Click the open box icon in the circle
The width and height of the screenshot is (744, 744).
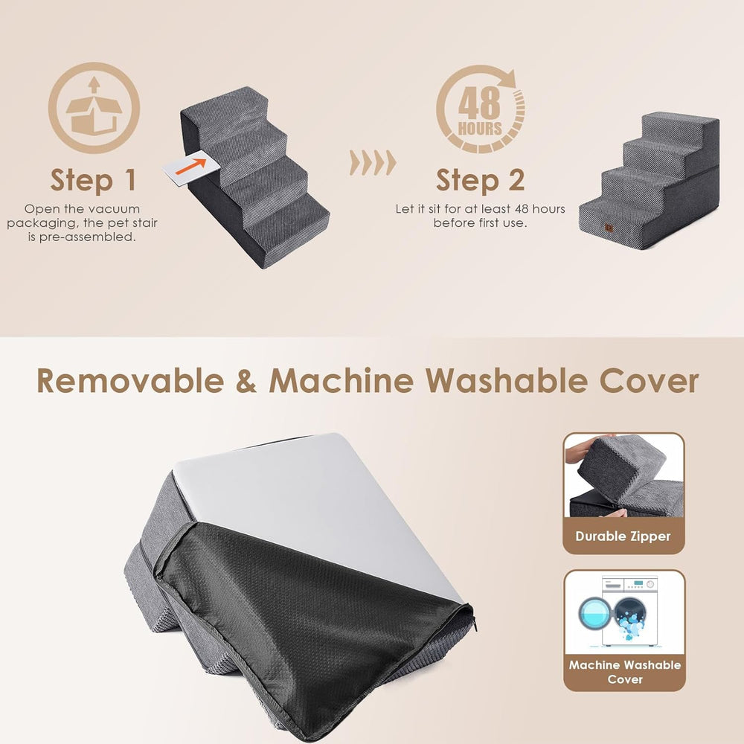(94, 108)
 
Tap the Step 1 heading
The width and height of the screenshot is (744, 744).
(93, 180)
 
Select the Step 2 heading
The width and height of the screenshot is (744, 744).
(480, 180)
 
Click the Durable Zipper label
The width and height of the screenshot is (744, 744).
(623, 536)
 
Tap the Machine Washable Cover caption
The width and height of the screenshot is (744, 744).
(624, 672)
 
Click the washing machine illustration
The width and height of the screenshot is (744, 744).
(624, 612)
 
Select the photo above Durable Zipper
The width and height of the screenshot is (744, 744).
(623, 476)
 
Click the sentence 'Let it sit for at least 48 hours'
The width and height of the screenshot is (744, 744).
(480, 209)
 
